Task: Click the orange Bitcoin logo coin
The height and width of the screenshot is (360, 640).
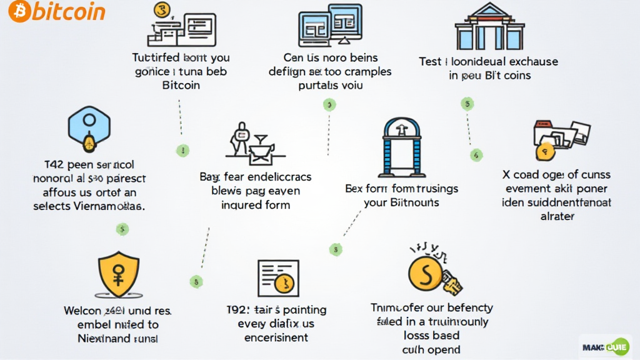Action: (x=20, y=11)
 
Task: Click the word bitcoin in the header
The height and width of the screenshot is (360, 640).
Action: (x=69, y=11)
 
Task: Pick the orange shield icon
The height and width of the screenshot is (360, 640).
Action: (x=119, y=275)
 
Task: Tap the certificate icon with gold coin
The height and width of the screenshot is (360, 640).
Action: (x=278, y=278)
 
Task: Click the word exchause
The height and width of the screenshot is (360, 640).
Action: (x=524, y=62)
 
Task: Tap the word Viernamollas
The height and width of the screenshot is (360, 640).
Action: (x=108, y=206)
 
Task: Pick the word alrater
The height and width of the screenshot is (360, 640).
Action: (x=556, y=216)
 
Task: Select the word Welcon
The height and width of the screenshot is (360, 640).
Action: (x=83, y=311)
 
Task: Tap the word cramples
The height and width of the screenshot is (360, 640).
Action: (x=365, y=71)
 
